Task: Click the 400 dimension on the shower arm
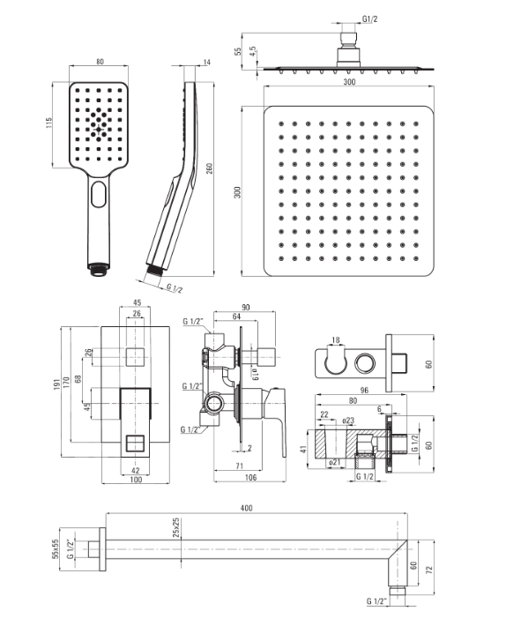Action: click(246, 508)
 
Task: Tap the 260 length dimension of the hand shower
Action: click(209, 168)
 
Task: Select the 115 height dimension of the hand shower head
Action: click(48, 123)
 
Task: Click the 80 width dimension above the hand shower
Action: click(100, 62)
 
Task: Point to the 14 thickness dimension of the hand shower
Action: click(206, 62)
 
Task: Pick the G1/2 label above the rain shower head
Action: click(369, 19)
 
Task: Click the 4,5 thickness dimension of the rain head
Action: click(252, 52)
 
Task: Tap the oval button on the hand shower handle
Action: click(98, 194)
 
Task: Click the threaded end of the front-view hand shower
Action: click(98, 269)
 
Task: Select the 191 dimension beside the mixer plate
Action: click(57, 384)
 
